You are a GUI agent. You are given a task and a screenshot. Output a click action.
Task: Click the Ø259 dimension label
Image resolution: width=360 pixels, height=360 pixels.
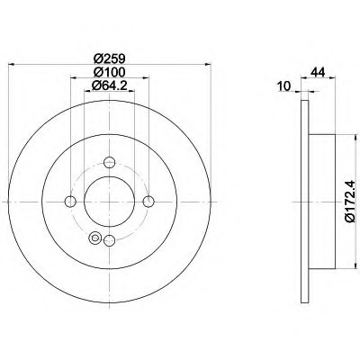pos(109,58)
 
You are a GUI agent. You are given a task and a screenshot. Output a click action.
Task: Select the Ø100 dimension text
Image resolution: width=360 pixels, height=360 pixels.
pos(109,72)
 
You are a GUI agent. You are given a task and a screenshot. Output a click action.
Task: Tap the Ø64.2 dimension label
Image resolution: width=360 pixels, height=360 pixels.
pos(110,85)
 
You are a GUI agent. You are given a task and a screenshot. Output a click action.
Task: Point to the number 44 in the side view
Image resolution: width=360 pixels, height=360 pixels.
pos(318,72)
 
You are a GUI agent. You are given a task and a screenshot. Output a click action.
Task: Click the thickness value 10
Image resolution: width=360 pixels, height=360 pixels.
pos(284,86)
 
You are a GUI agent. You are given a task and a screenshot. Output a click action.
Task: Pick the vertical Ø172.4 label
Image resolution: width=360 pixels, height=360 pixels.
pos(350,202)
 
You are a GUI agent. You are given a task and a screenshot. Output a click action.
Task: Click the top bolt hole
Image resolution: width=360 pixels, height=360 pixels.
pos(110,163)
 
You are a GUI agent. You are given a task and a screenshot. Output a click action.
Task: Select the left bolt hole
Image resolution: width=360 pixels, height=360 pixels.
pos(70,202)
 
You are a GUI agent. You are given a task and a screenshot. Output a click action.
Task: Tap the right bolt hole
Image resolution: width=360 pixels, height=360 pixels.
pos(148,202)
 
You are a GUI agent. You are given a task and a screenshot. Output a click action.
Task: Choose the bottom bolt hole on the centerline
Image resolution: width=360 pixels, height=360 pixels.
pos(110,240)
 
